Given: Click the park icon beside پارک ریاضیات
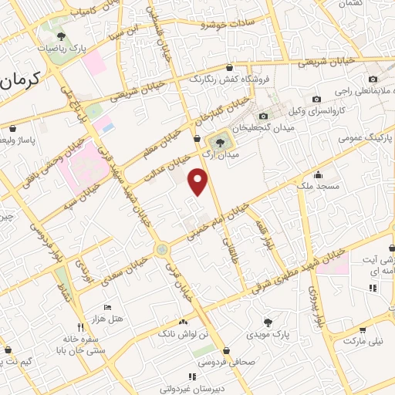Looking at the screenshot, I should point(62,36).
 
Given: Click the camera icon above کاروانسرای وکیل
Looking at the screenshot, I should point(316,99).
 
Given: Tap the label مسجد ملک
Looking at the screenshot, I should point(318,185).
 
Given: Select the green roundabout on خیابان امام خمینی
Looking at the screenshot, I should point(161,249).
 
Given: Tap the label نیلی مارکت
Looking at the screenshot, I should point(363,340).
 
